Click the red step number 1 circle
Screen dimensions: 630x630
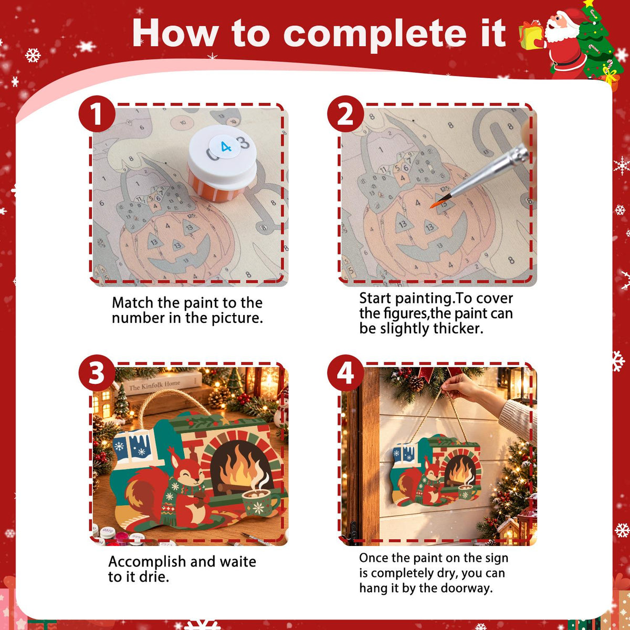pos(97,114)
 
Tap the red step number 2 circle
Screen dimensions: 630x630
pos(345,114)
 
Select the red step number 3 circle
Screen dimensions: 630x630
pos(97,373)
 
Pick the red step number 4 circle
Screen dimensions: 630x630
pos(345,373)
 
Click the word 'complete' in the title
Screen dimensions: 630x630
pos(375,34)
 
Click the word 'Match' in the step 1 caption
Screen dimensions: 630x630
pos(133,302)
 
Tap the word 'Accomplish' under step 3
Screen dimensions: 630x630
pos(147,562)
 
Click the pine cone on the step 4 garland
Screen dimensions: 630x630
pos(416,383)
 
